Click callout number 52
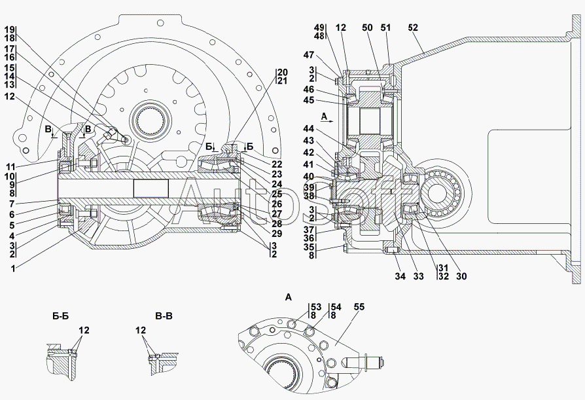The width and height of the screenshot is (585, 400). pos(413,27)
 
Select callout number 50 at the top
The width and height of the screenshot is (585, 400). pos(367,27)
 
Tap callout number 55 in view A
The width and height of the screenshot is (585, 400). pos(359,307)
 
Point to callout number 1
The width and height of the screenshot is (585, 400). pos(13,268)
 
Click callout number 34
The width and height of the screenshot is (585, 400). pos(400,276)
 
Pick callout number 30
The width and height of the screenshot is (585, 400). pos(461,276)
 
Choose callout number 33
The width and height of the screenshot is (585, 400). pos(418,276)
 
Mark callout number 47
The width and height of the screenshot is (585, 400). pos(309,55)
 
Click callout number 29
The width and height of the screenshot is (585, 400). pos(277,234)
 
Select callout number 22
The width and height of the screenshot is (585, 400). pos(277,164)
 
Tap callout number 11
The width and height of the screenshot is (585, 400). pos(10,166)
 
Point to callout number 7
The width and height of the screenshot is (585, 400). pos(12,204)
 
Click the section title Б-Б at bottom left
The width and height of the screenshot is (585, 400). pos(60,316)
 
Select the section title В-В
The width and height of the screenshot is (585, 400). pos(164,316)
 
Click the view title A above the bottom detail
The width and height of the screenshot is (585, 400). pos(288,297)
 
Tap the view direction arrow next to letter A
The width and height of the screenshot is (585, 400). pos(329,122)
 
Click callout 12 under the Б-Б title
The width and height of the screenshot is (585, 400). pos(84,330)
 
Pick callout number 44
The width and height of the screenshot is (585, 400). pos(309,129)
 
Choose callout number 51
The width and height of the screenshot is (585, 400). pos(386,27)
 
